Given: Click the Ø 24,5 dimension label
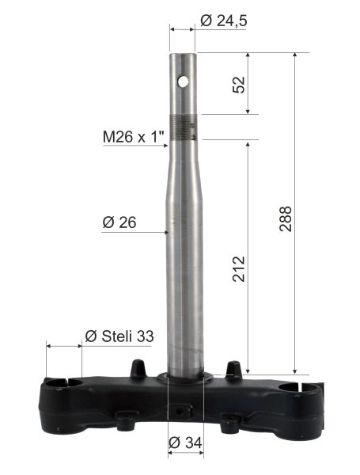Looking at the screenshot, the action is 223,21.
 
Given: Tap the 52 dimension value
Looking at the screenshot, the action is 239,85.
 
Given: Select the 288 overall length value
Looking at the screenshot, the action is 285,218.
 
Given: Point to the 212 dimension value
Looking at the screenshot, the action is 239,269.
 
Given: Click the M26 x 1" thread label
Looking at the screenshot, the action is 134,137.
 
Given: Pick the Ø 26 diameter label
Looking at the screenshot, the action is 119,222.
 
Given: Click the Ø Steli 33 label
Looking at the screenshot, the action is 119,336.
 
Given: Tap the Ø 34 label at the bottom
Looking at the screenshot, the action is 185,443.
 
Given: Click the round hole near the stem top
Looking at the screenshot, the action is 183,82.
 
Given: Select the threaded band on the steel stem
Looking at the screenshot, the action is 184,128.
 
